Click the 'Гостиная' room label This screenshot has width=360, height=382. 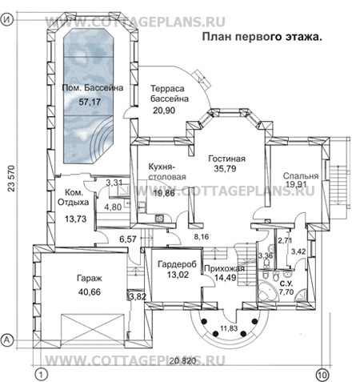click(x=223, y=158)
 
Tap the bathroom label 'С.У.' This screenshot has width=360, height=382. click(x=285, y=283)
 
